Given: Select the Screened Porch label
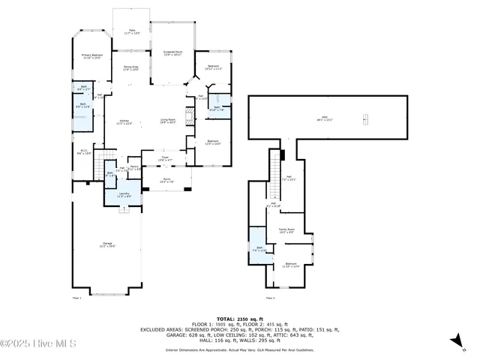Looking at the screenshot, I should point(173,53).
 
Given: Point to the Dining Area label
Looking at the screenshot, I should point(130,68).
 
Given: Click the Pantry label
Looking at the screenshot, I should point(134,168).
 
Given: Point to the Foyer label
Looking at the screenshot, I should point(164,159).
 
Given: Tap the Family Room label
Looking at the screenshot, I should point(286,231).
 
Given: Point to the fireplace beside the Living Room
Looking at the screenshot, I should point(190,115).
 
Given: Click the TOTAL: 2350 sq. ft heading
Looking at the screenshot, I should point(239,319).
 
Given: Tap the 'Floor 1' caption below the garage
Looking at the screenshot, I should point(76,298).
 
